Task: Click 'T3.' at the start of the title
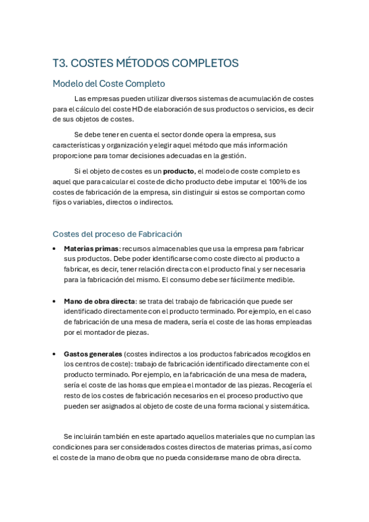(x=62, y=63)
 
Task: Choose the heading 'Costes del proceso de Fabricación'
(x=117, y=234)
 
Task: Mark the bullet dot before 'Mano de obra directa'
(x=55, y=301)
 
